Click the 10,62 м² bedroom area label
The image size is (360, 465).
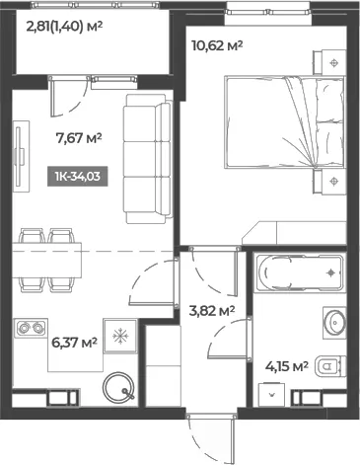[x=217, y=45]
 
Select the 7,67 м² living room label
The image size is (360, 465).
[x=79, y=138]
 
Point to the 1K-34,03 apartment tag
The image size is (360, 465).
[x=78, y=177]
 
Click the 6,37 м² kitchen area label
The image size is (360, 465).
[x=75, y=343]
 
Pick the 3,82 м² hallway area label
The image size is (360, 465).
[x=212, y=310]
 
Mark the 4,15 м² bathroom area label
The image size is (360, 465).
[x=287, y=366]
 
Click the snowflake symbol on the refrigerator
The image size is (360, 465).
[x=120, y=336]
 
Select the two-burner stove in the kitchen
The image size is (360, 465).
[x=32, y=328]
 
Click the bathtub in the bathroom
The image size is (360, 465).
[x=300, y=272]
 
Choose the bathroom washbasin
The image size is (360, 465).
[x=334, y=323]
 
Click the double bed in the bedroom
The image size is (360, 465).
[x=285, y=122]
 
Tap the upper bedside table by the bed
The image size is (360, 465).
[x=329, y=62]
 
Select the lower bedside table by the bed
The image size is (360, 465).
[x=329, y=181]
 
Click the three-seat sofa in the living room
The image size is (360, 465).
[x=148, y=159]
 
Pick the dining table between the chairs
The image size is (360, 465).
[x=46, y=260]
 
